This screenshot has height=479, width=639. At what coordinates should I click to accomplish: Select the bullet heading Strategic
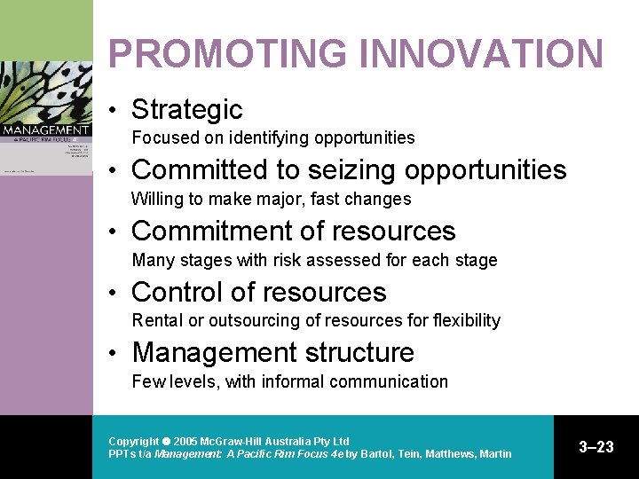(186, 110)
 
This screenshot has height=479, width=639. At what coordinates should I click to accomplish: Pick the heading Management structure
(273, 353)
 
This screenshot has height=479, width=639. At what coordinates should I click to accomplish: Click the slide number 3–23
(596, 447)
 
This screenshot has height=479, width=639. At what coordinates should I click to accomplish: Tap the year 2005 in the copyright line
(185, 441)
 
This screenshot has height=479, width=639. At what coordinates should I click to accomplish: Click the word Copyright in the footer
(133, 441)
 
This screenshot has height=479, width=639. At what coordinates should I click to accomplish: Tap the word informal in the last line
(293, 381)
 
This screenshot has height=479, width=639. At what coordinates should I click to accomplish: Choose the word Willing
(154, 199)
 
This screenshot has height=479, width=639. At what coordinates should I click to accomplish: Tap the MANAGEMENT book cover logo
(46, 132)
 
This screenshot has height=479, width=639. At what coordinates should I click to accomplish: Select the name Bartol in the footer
(376, 454)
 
